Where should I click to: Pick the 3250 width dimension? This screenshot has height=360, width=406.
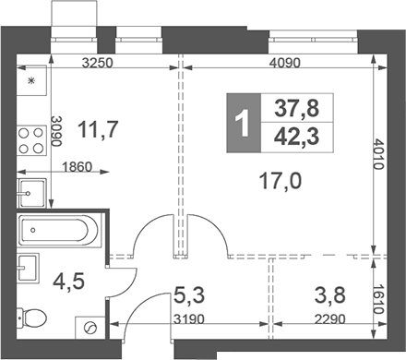(x=97, y=66)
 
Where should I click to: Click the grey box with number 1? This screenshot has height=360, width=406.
(x=243, y=123)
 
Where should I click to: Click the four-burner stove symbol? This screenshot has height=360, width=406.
(x=31, y=138)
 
